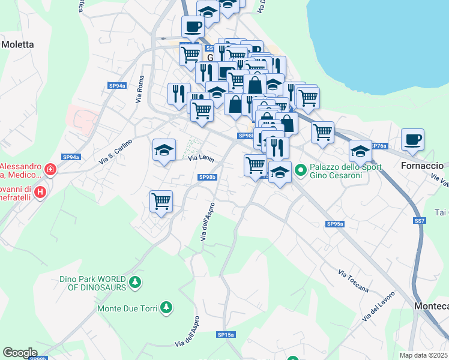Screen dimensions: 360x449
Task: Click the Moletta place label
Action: coord(17,44)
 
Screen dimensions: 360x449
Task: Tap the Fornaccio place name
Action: coord(421,165)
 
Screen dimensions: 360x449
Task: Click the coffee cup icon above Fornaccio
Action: coord(412,140)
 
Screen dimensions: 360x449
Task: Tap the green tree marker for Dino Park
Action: coord(136,281)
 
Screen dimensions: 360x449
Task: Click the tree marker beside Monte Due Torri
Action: coord(166,308)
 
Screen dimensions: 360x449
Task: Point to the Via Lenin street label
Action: coord(201,158)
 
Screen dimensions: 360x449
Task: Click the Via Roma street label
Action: coord(141,89)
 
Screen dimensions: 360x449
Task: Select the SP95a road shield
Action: coord(335,224)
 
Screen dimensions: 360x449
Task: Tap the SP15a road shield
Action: coord(226,334)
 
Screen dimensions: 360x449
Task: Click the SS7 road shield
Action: coord(420,221)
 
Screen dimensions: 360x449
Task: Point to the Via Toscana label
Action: coord(353,281)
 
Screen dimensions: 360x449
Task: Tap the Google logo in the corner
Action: coord(20,352)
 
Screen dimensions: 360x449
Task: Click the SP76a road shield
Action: coord(378,146)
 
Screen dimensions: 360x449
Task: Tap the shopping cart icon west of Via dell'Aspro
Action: coord(161,202)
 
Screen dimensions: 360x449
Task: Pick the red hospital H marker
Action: coord(40,192)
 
